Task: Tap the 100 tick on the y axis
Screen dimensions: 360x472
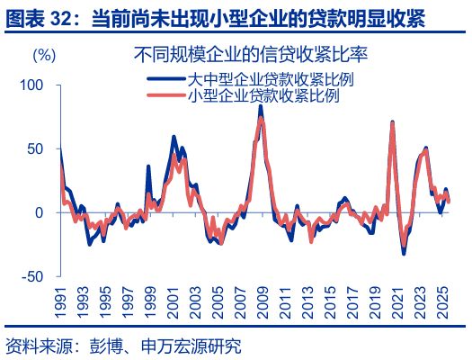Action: click(31, 85)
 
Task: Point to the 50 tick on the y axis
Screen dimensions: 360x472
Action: click(35, 148)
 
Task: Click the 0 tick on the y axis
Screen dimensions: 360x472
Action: click(39, 212)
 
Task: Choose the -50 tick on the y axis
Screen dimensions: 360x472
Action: click(32, 276)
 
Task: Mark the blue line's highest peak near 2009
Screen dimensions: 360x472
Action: click(261, 106)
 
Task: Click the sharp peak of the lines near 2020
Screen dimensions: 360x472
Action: click(393, 121)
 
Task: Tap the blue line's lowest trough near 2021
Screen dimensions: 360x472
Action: click(404, 254)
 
